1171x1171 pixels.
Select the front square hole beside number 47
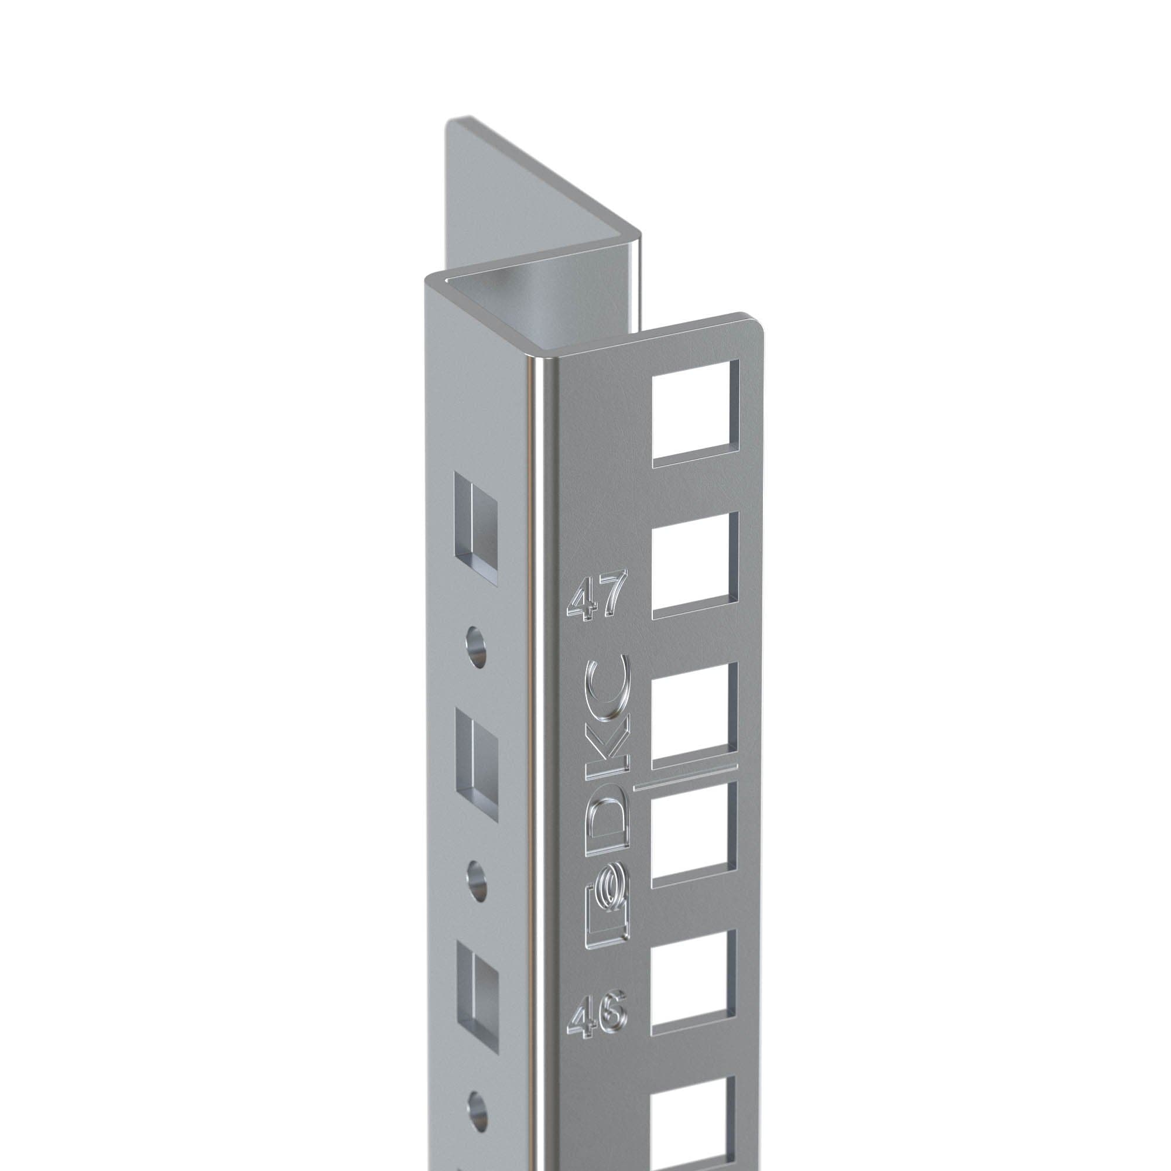point(696,566)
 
